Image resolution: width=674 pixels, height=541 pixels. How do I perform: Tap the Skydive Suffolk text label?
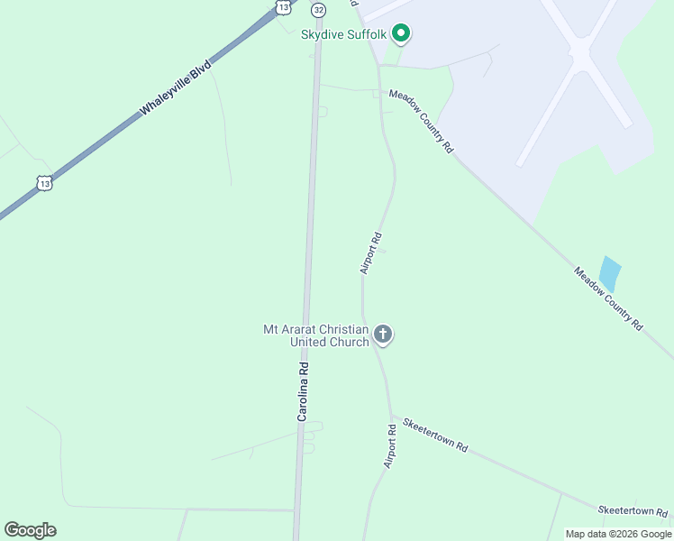pyautogui.click(x=343, y=35)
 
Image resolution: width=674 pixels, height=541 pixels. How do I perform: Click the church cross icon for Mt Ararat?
pyautogui.click(x=383, y=335)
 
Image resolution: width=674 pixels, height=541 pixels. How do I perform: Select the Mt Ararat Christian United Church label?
pyautogui.click(x=315, y=335)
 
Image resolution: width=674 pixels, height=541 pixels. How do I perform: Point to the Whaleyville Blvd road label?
pyautogui.click(x=176, y=87)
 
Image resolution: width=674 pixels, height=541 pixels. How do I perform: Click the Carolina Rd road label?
pyautogui.click(x=304, y=391)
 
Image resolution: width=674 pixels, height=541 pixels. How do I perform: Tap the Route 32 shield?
pyautogui.click(x=318, y=9)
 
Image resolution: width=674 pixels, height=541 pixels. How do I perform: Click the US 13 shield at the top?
pyautogui.click(x=284, y=6)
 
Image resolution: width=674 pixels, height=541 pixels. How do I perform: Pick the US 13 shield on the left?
pyautogui.click(x=45, y=182)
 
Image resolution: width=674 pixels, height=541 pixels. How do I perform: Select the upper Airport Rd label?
pyautogui.click(x=371, y=253)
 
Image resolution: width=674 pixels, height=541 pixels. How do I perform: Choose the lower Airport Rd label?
pyautogui.click(x=390, y=445)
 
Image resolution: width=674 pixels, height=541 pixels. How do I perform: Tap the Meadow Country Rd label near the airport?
pyautogui.click(x=421, y=121)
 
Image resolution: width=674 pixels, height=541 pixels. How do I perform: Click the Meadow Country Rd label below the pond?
pyautogui.click(x=609, y=298)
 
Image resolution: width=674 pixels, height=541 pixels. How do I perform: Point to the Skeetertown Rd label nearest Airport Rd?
pyautogui.click(x=436, y=435)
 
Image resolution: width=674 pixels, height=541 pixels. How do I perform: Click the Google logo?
pyautogui.click(x=30, y=530)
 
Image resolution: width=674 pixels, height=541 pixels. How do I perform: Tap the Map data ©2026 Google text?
pyautogui.click(x=618, y=534)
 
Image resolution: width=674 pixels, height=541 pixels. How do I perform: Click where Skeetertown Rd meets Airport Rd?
pyautogui.click(x=392, y=416)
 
